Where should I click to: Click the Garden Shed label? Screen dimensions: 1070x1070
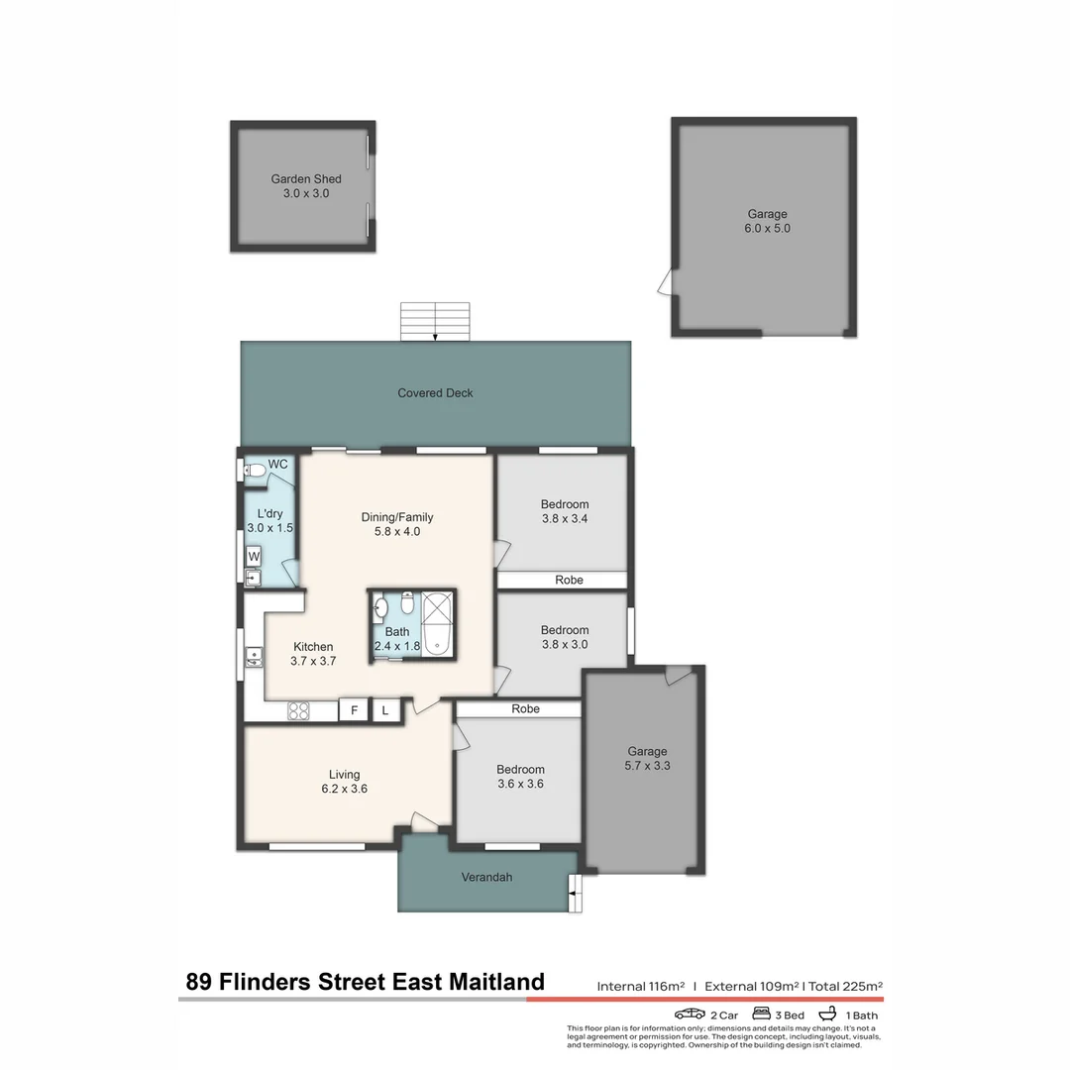click(306, 179)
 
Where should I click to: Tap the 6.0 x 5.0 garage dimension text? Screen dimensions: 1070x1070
click(768, 229)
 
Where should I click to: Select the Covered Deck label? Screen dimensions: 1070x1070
click(435, 393)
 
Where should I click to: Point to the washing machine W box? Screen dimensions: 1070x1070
click(254, 556)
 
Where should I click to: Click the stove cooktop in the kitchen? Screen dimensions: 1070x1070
click(298, 709)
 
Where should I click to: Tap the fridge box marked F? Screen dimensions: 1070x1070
click(352, 709)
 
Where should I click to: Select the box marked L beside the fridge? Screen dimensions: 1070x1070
click(385, 709)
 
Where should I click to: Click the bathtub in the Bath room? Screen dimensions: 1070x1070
click(437, 624)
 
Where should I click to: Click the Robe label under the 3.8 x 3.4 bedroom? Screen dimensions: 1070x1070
click(569, 581)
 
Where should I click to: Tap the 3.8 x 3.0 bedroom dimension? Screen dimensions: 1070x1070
click(565, 644)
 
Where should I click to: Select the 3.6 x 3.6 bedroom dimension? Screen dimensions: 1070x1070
click(520, 784)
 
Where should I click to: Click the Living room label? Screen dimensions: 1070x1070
click(345, 775)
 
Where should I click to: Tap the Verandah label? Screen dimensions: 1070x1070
click(486, 877)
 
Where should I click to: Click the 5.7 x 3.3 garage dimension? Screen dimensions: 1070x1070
click(648, 766)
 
